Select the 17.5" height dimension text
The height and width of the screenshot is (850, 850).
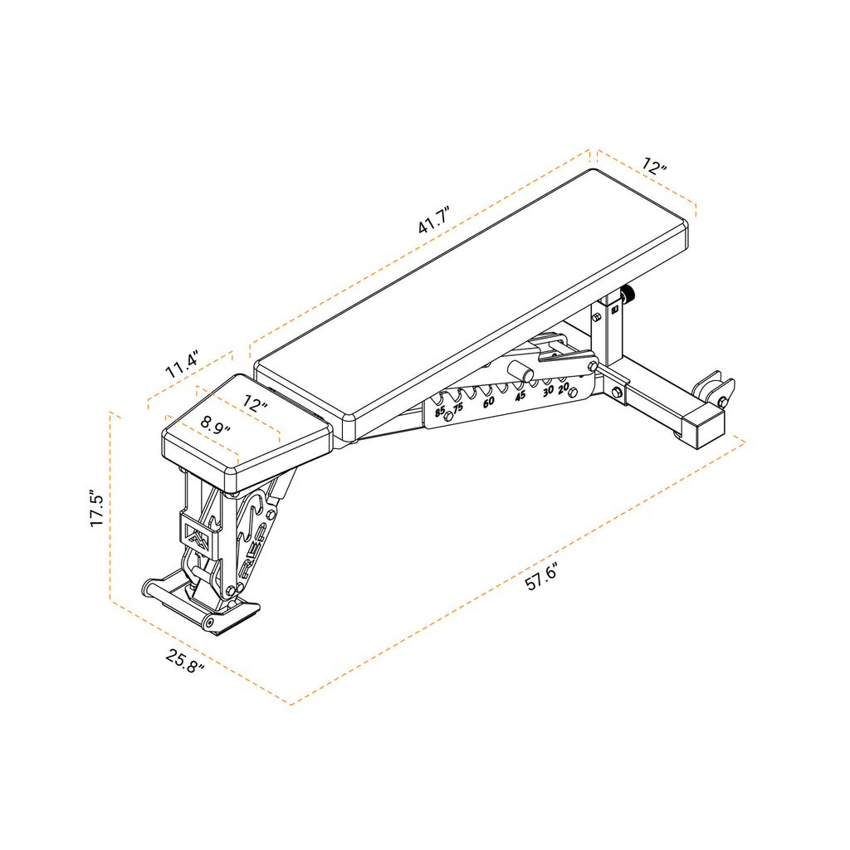[x=97, y=509]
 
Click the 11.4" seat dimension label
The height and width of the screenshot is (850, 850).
[x=182, y=365]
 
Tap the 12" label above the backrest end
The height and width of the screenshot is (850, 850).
[x=654, y=166]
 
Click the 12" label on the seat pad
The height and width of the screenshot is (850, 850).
[x=256, y=404]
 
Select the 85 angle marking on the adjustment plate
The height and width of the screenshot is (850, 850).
[x=440, y=410]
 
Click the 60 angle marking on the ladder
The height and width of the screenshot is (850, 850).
[x=489, y=402]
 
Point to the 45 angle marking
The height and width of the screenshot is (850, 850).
[x=520, y=396]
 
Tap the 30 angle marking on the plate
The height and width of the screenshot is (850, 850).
[x=548, y=391]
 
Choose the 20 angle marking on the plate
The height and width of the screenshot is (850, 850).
[x=564, y=388]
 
